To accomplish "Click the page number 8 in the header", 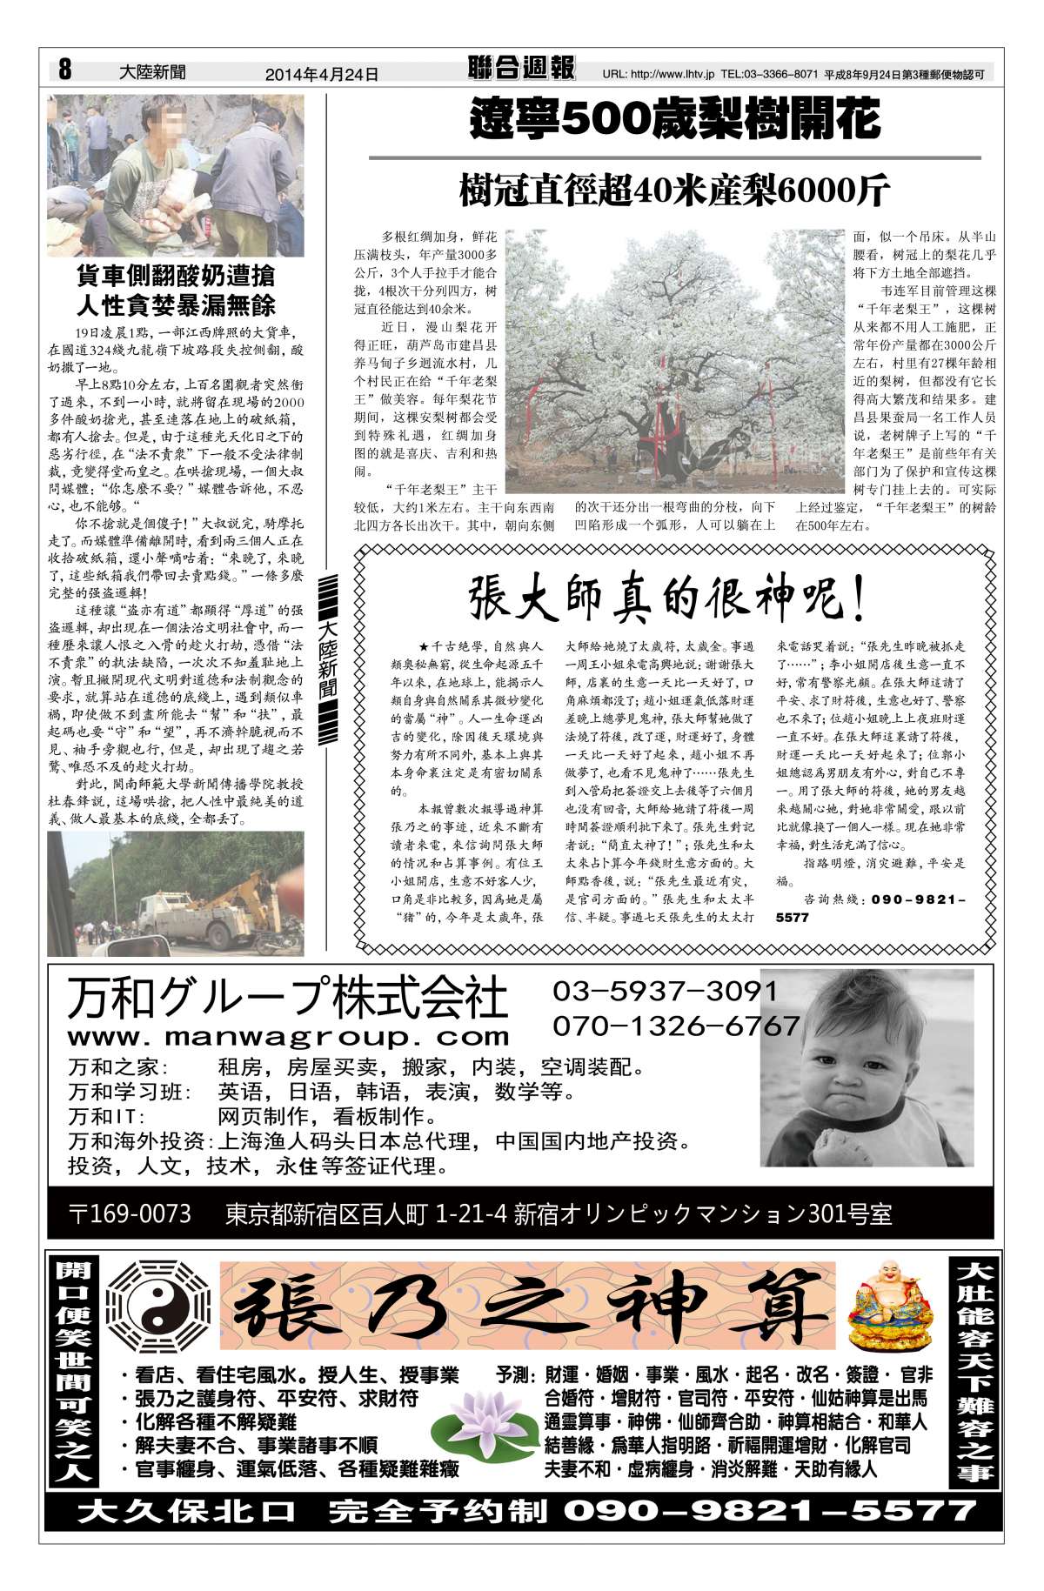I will click(65, 69).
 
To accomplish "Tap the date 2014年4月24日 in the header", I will click(321, 75).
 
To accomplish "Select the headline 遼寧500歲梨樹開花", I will click(674, 120).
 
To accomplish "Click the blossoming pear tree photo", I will click(676, 357).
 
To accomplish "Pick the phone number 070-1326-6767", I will click(676, 1026).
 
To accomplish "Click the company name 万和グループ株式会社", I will click(287, 998).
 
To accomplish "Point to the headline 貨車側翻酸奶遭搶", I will click(176, 277).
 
